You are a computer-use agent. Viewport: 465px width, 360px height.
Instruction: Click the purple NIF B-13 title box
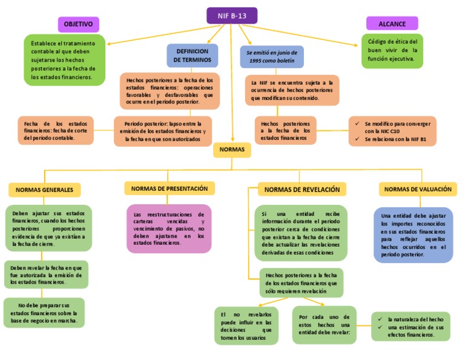pos(231,15)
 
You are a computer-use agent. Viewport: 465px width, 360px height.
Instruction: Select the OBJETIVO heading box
pos(78,24)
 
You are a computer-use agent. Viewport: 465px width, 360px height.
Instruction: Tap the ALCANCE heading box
pos(392,24)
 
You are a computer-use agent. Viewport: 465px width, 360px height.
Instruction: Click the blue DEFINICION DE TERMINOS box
pos(193,56)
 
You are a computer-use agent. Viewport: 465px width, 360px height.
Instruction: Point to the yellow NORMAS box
pos(232,149)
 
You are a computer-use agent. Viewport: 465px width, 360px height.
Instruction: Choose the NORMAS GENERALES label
pos(44,190)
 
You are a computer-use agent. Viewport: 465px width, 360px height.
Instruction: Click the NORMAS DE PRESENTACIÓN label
pos(169,188)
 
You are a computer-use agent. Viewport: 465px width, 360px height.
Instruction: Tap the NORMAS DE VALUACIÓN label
pos(418,189)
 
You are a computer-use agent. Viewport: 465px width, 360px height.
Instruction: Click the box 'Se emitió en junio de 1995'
pos(272,57)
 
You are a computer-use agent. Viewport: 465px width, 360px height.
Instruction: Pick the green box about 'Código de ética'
pos(392,50)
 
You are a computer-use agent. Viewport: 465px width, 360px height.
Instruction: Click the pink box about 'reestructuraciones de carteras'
pos(169,228)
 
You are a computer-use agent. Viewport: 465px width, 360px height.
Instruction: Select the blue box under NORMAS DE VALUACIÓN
pos(414,235)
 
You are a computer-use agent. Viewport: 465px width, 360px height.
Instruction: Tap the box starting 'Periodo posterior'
pos(163,131)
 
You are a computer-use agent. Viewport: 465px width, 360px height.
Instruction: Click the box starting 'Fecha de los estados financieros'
pos(56,130)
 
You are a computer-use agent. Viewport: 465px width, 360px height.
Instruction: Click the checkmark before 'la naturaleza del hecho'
pos(380,319)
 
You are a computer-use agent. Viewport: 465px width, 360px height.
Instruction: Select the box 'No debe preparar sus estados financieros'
pos(44,313)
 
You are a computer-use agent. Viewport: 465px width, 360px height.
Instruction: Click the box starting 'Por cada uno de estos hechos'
pos(324,325)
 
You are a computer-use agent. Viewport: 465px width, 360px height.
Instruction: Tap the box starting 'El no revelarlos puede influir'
pos(246,325)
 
